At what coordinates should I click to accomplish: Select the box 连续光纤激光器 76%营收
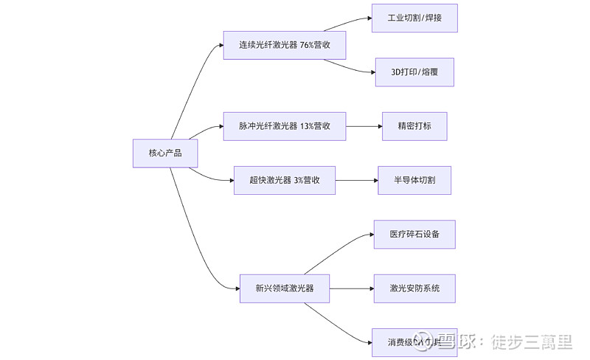point(284,45)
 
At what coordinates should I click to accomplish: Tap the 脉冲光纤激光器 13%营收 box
point(284,126)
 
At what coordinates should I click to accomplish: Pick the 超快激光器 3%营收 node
point(284,180)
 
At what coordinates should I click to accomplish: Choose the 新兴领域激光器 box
point(284,288)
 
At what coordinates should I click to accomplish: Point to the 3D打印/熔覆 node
point(414,72)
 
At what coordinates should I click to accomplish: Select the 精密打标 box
point(414,126)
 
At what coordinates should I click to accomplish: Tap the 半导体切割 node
point(414,180)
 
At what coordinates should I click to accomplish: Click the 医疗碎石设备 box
point(414,234)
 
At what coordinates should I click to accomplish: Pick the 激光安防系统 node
point(414,288)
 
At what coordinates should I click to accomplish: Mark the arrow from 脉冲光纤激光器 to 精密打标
point(364,126)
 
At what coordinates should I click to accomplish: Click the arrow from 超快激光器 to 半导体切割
point(356,180)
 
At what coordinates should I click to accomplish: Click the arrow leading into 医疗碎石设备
point(347,247)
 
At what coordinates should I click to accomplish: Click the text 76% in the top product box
point(308,45)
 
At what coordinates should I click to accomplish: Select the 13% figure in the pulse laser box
point(307,126)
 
